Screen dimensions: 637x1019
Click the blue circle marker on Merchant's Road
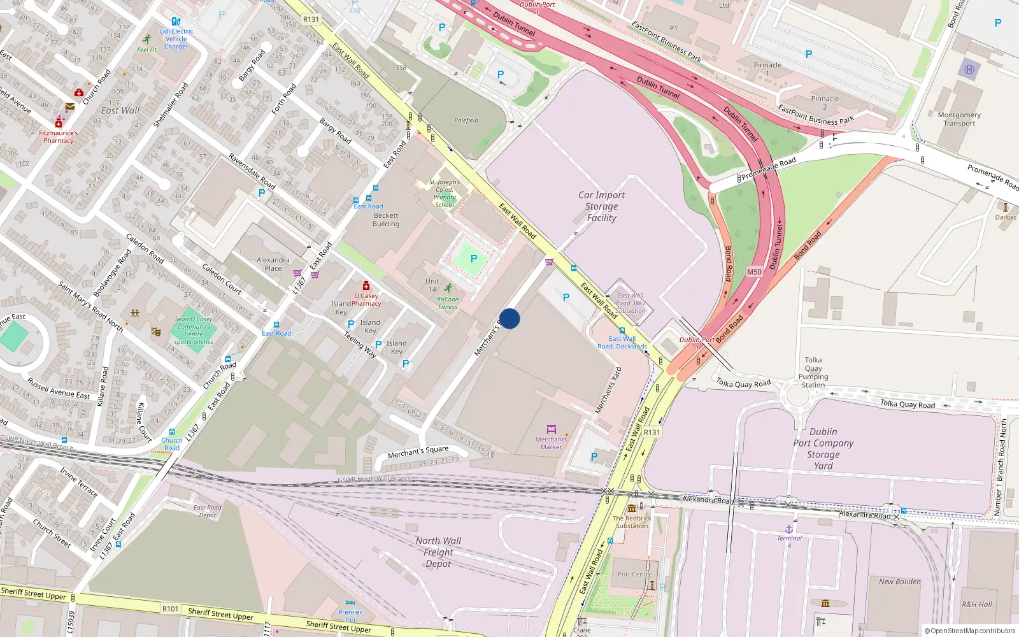click(509, 318)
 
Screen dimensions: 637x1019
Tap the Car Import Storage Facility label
click(601, 206)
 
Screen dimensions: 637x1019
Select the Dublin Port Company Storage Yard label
click(823, 448)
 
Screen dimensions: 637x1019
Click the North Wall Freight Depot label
click(438, 552)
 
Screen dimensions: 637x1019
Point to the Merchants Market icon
click(552, 429)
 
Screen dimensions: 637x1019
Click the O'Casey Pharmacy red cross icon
click(366, 286)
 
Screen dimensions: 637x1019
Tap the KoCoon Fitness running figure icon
click(448, 289)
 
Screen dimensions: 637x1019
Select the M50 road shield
click(754, 272)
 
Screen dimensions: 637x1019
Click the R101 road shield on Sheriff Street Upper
click(170, 608)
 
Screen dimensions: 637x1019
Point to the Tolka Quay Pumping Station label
click(813, 373)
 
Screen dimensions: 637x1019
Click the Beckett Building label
click(386, 220)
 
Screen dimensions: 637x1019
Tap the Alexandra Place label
click(273, 264)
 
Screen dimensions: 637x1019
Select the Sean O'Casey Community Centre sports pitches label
click(194, 331)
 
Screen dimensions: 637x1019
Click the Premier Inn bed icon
click(350, 602)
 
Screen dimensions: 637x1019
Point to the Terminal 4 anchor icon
click(788, 529)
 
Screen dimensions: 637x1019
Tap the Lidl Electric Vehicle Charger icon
click(176, 22)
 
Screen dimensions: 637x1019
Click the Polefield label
click(466, 120)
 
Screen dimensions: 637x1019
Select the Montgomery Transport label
click(959, 119)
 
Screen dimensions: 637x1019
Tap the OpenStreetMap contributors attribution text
click(969, 631)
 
